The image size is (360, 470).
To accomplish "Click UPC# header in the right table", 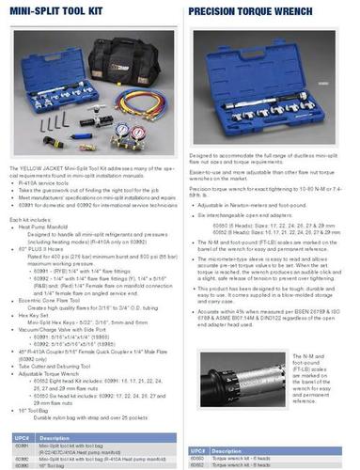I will click(200, 437).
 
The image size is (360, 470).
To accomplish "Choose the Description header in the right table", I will click(240, 437).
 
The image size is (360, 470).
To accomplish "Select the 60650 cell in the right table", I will click(199, 446).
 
